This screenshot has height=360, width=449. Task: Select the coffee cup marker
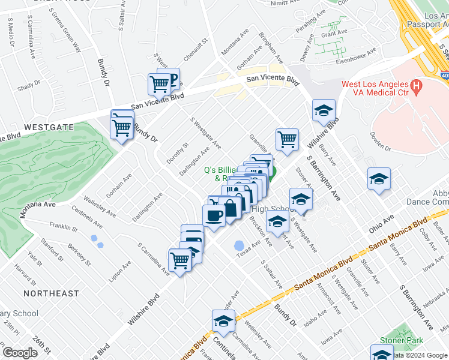point(214,216)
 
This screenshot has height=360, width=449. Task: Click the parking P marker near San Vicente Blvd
point(170,79)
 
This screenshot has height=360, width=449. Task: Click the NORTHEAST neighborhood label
point(51,293)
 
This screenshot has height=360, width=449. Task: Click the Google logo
point(20,352)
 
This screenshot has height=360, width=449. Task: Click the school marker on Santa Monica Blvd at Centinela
point(223,322)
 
